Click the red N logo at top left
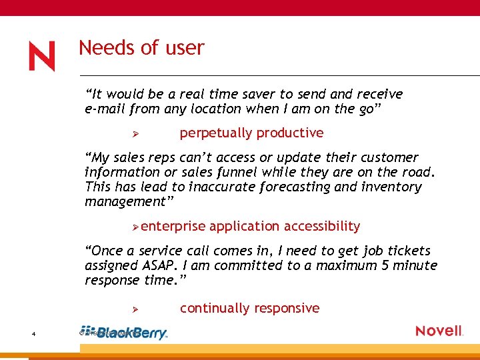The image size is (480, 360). click(41, 57)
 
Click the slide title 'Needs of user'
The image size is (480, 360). click(141, 48)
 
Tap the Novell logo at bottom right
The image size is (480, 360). click(439, 331)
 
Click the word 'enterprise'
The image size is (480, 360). click(173, 227)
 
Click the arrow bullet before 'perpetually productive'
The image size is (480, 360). click(134, 134)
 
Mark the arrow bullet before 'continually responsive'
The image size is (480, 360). click(134, 309)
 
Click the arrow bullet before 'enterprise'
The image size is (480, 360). click(135, 227)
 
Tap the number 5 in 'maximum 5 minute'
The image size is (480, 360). click(386, 265)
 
